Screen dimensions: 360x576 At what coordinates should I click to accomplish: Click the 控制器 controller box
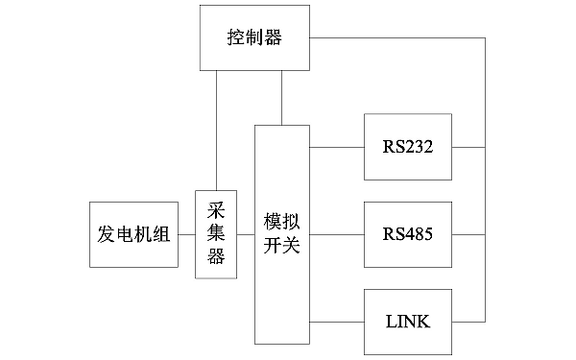click(x=255, y=37)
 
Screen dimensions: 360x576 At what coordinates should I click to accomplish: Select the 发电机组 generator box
click(x=134, y=235)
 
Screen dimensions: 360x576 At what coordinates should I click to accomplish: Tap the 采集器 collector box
click(x=216, y=234)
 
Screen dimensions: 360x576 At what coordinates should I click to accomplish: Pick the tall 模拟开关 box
click(x=282, y=234)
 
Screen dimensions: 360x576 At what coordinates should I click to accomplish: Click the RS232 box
click(x=408, y=147)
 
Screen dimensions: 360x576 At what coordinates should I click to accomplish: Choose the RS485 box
click(x=408, y=234)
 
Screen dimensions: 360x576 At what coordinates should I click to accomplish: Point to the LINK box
click(x=408, y=321)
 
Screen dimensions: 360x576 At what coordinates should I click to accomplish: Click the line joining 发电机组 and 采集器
click(x=187, y=234)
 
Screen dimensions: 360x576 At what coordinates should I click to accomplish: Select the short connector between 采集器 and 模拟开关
click(x=246, y=234)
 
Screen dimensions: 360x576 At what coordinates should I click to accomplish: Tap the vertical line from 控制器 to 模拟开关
click(x=281, y=97)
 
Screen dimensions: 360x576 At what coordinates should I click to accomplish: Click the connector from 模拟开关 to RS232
click(x=337, y=147)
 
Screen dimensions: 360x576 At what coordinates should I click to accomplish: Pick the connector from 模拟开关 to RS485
click(x=337, y=234)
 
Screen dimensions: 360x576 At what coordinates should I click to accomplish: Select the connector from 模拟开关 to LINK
click(x=337, y=321)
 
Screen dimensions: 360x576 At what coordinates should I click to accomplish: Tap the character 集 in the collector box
click(x=216, y=234)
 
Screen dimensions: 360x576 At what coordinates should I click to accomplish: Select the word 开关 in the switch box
click(x=282, y=246)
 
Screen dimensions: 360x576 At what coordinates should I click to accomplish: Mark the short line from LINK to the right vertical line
click(x=468, y=321)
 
